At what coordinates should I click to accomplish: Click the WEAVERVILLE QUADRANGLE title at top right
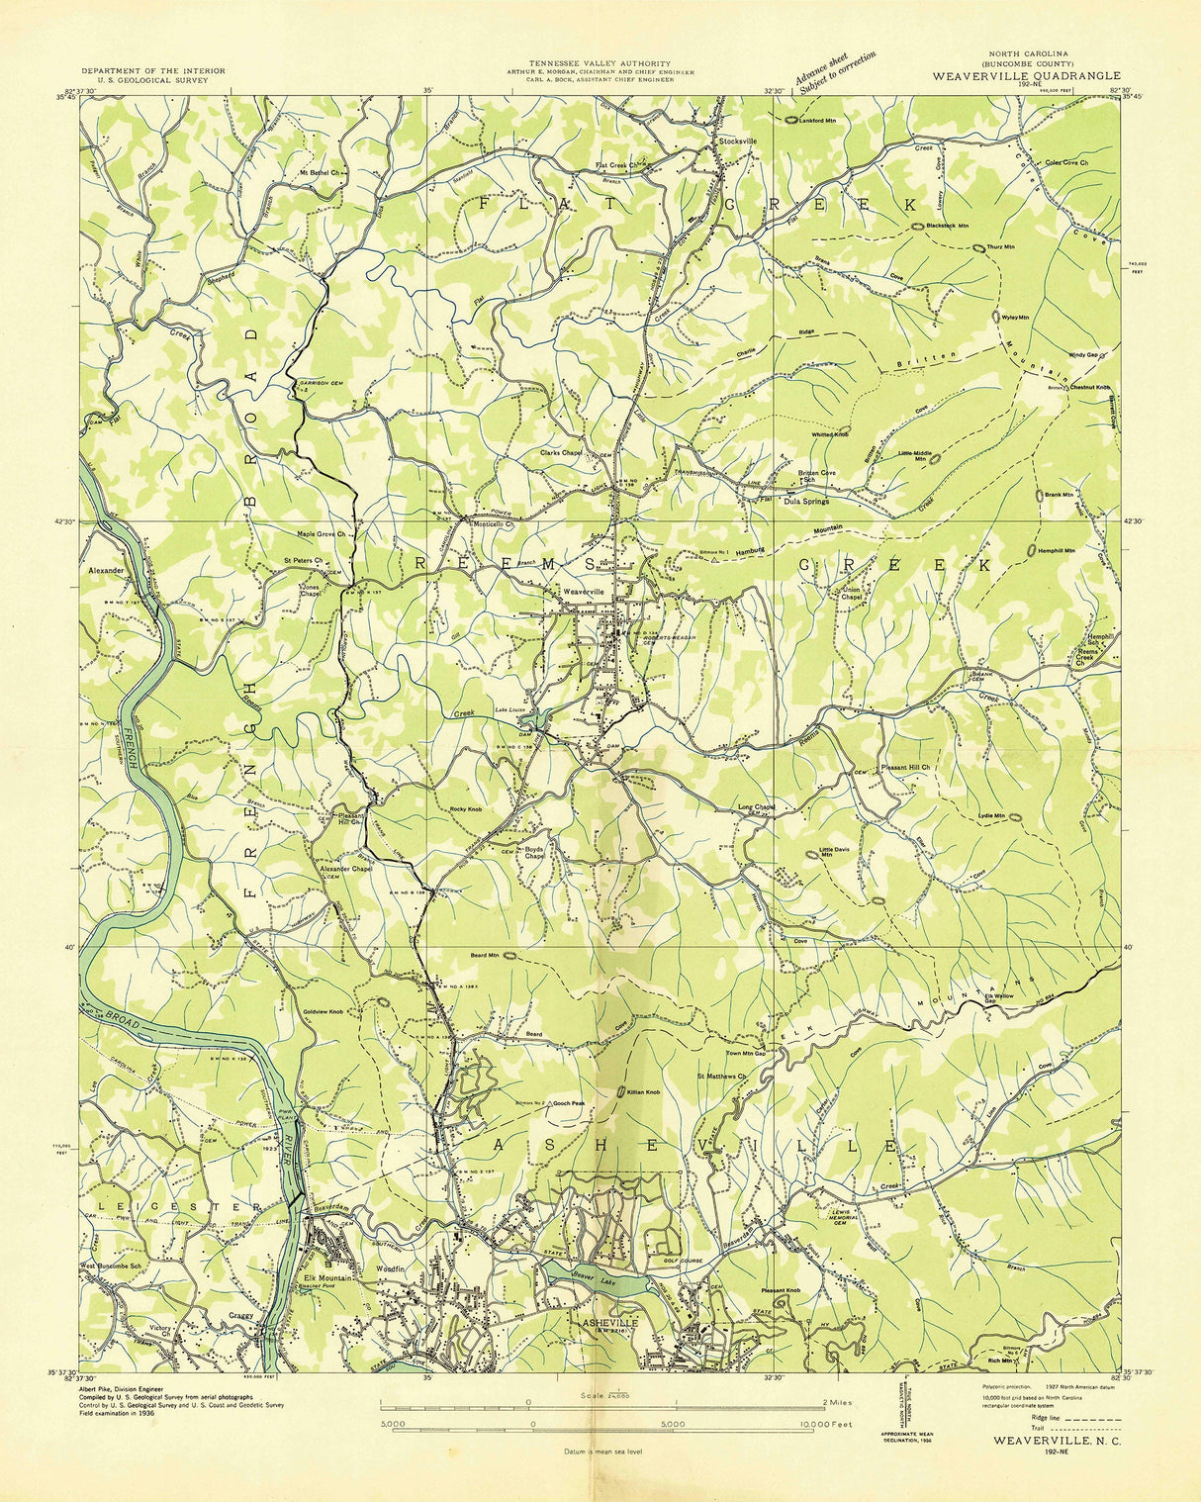pyautogui.click(x=1026, y=75)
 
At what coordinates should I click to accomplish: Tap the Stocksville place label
pyautogui.click(x=738, y=141)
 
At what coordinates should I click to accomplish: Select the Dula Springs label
pyautogui.click(x=805, y=501)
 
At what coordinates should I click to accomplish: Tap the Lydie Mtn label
pyautogui.click(x=991, y=816)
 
